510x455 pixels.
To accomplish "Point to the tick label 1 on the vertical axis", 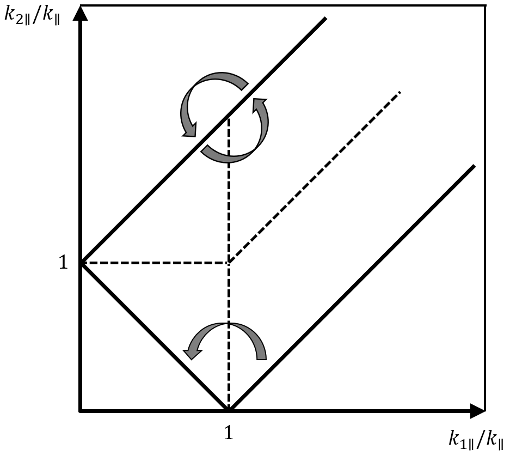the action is point(63,263).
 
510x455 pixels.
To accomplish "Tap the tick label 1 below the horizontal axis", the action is point(229,433).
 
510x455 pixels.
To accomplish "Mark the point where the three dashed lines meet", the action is point(229,263).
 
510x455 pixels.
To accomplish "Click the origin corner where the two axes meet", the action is point(81,410).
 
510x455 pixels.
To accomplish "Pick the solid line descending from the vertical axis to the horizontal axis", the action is point(154,337).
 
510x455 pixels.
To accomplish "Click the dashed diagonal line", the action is point(314,178).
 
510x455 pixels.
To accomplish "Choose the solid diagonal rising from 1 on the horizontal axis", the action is point(352,287).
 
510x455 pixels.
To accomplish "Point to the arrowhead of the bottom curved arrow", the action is point(191,353).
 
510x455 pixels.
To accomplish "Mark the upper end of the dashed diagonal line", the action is point(400,92).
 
